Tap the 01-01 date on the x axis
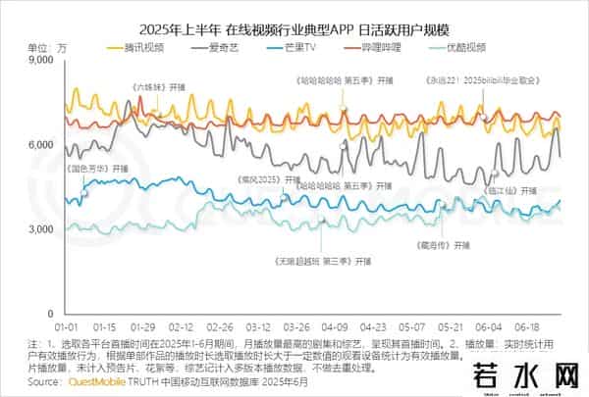point(67,324)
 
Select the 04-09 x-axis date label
point(337,324)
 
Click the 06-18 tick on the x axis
point(529,324)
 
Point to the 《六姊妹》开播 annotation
point(158,87)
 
